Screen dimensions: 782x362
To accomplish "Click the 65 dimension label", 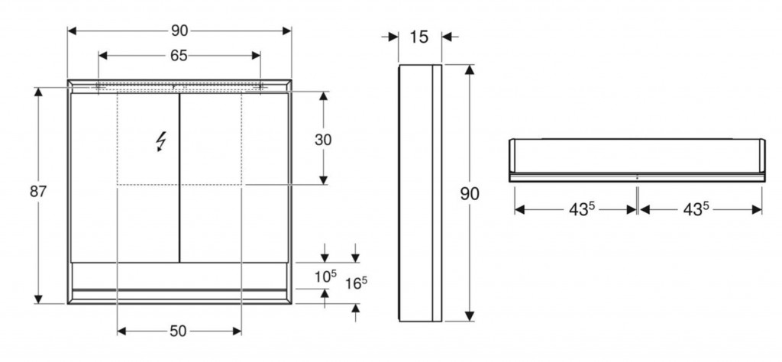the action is (x=179, y=56).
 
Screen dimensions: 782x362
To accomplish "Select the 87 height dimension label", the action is (x=38, y=192).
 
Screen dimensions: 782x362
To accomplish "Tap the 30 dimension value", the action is (x=323, y=140).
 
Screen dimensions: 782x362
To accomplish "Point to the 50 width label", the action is (x=178, y=331).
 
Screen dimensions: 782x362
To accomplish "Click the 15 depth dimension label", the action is (x=419, y=37).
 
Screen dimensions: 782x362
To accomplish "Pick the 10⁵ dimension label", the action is (x=326, y=276).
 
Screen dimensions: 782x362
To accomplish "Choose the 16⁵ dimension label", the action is (x=357, y=283).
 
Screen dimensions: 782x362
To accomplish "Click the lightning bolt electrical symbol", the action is (x=161, y=141).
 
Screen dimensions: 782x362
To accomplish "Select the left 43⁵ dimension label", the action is (x=582, y=210).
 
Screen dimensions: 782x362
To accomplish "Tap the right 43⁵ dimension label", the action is (x=696, y=210).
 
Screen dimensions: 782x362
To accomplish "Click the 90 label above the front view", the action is (x=179, y=31).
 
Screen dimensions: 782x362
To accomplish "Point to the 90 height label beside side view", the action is (x=470, y=193).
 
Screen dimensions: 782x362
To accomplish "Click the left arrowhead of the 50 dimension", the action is (x=121, y=331).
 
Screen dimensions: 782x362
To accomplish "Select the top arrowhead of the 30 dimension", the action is (x=323, y=96).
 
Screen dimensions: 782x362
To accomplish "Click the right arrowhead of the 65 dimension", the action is (x=256, y=56).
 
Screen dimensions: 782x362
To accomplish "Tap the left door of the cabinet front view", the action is (x=124, y=177).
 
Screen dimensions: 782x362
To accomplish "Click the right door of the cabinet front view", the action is (x=234, y=177).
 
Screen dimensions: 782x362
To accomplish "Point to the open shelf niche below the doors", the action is (x=179, y=276).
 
